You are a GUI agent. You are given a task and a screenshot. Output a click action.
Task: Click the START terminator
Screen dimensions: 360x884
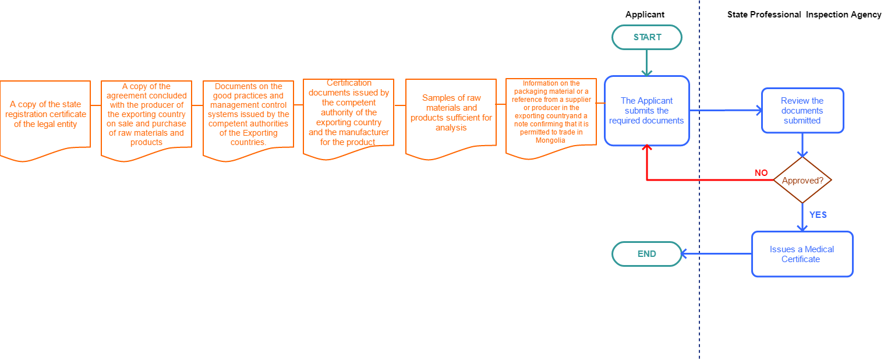(646, 37)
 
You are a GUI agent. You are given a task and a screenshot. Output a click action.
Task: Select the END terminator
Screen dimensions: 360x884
(646, 254)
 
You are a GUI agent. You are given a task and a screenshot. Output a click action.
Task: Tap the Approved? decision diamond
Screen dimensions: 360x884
(802, 181)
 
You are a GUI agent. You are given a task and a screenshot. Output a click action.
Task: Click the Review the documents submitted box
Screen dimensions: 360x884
(802, 111)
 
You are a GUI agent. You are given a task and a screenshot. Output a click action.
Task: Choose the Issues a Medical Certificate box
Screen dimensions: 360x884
(802, 254)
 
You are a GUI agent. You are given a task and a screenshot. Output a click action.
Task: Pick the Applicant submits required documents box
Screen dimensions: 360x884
(646, 111)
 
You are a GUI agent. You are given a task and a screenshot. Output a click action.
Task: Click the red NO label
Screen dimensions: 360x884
(761, 173)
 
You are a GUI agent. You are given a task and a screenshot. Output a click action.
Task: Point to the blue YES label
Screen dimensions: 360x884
(818, 215)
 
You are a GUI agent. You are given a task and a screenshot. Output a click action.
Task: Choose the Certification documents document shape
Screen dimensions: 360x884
(348, 114)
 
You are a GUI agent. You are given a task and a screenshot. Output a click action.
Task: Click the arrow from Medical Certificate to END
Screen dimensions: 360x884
(716, 254)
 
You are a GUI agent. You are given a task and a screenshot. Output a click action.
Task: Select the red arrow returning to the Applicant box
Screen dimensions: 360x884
(710, 180)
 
